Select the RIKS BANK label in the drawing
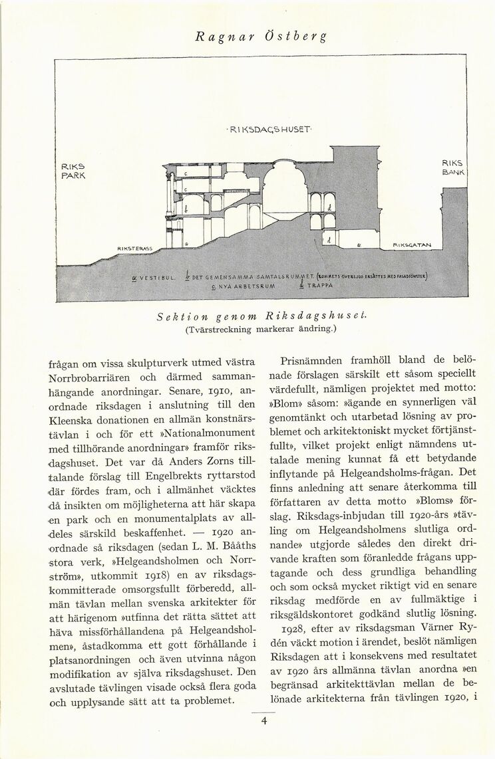click(454, 167)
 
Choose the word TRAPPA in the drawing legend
click(319, 286)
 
